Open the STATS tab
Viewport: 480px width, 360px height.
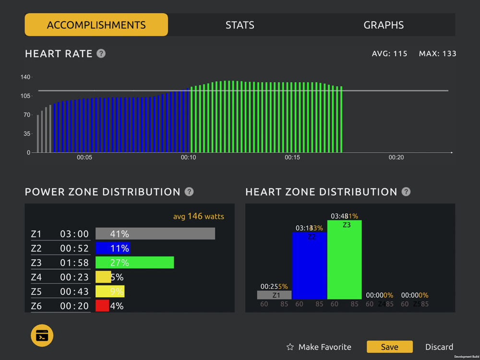point(240,25)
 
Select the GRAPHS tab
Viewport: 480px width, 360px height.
point(384,25)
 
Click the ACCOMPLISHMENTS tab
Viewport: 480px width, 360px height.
point(96,25)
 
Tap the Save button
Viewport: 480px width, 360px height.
point(389,347)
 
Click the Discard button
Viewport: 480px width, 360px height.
point(439,347)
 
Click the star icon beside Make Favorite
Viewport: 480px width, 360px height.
point(290,347)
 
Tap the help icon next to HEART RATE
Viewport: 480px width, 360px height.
point(101,53)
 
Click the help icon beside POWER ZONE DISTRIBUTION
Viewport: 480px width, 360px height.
point(189,192)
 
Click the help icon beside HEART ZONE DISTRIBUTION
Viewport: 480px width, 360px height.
point(406,192)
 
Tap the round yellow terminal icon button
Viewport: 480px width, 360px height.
point(42,336)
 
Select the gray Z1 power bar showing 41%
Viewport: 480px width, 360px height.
point(155,234)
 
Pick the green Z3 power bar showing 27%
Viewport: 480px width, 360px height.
point(134,263)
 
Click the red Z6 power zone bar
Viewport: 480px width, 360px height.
point(102,306)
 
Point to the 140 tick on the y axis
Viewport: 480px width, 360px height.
point(25,77)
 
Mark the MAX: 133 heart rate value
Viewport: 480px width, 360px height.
point(437,53)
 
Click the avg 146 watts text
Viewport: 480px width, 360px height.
point(198,216)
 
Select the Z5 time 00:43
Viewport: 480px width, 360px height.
point(74,291)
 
